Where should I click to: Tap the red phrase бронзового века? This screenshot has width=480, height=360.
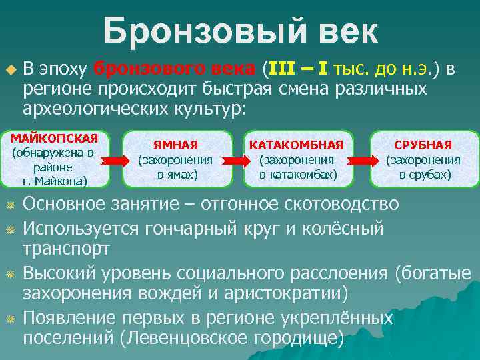(x=174, y=69)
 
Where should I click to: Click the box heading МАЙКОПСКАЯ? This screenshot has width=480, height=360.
(x=54, y=138)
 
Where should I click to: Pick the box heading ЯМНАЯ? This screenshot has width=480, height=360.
(x=175, y=145)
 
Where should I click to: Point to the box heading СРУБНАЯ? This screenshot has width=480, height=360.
(x=423, y=145)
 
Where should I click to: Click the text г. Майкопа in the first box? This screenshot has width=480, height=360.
(x=54, y=180)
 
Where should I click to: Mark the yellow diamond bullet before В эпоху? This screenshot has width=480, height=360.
(x=9, y=69)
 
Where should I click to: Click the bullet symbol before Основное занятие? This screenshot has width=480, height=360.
(x=9, y=204)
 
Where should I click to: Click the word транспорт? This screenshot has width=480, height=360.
(x=67, y=249)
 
